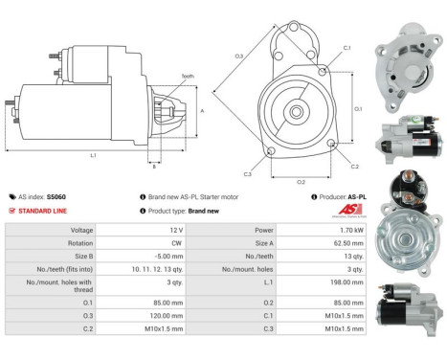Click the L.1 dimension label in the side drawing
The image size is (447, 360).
(x=94, y=155)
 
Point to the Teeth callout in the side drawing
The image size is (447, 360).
(x=188, y=77)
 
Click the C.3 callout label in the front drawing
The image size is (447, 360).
(x=247, y=174)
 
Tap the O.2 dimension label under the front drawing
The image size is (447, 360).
(x=301, y=182)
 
